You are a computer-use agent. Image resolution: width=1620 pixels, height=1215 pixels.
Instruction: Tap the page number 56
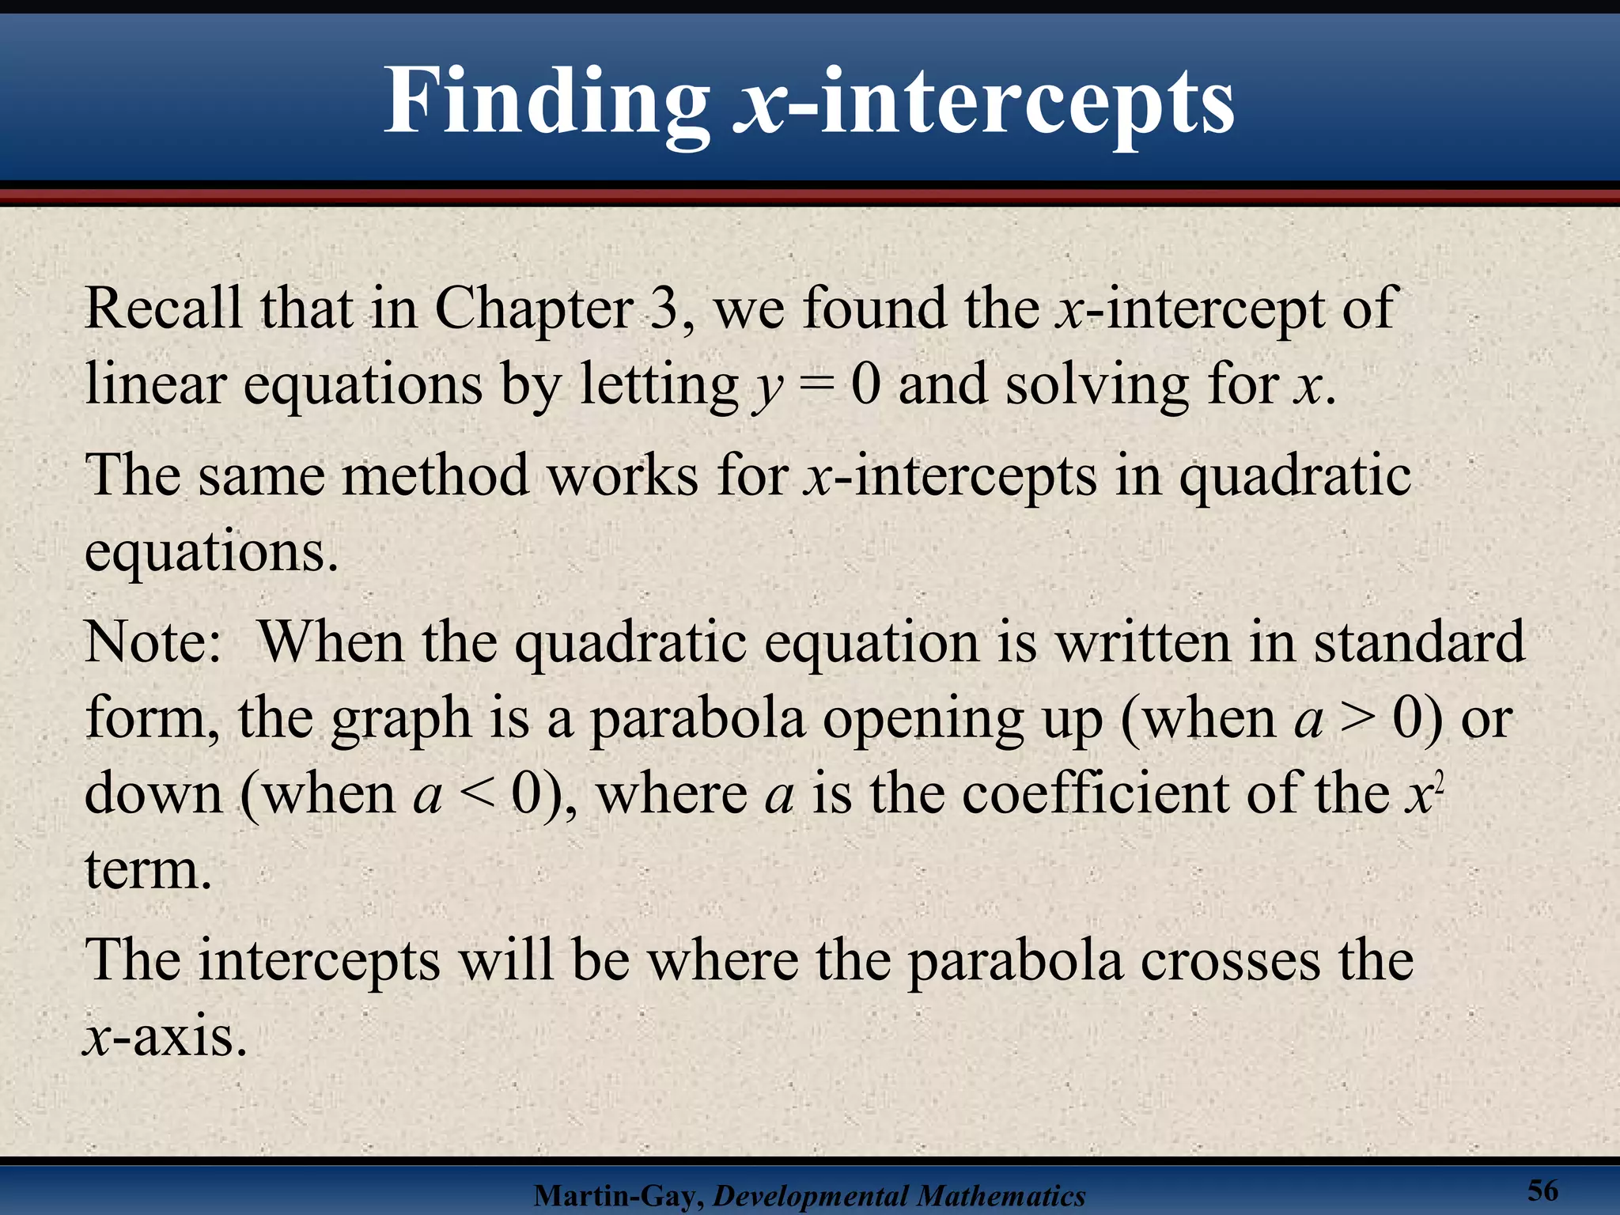click(x=1542, y=1190)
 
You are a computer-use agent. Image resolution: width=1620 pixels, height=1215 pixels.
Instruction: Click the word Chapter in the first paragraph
click(x=534, y=308)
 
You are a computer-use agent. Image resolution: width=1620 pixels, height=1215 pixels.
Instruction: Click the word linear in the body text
click(x=155, y=384)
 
